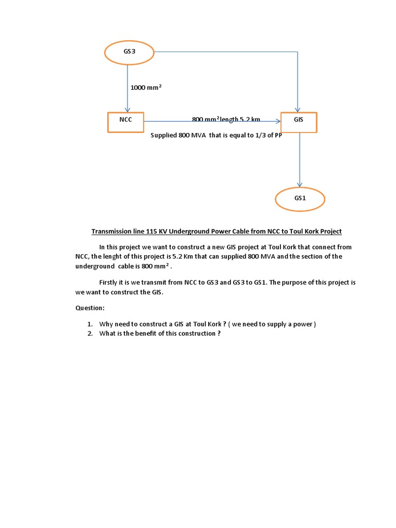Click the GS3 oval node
pyautogui.click(x=129, y=52)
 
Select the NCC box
pyautogui.click(x=126, y=122)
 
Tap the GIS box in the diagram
pyautogui.click(x=299, y=122)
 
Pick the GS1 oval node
pyautogui.click(x=300, y=199)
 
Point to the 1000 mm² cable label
pyautogui.click(x=146, y=88)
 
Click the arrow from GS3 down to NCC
pyautogui.click(x=128, y=88)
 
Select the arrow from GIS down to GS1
pyautogui.click(x=300, y=160)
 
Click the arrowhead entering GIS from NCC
pyautogui.click(x=278, y=121)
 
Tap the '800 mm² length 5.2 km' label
pyautogui.click(x=226, y=119)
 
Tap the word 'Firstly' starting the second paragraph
pyautogui.click(x=109, y=283)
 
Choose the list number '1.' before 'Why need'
pyautogui.click(x=90, y=324)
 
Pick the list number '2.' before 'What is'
pyautogui.click(x=90, y=334)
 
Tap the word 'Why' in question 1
pyautogui.click(x=106, y=324)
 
